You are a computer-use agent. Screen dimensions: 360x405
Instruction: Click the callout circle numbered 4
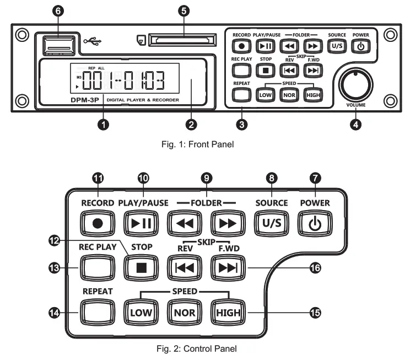click(355, 125)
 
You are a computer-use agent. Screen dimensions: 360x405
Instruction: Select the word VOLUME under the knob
click(355, 103)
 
